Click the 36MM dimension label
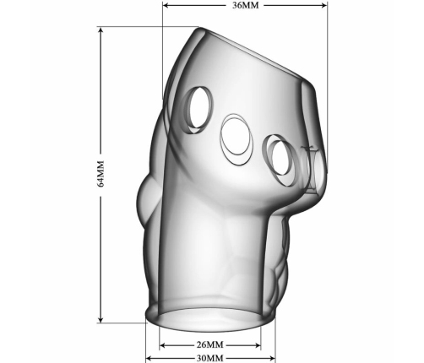[245, 5]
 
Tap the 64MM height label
[101, 173]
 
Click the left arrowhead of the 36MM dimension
[166, 5]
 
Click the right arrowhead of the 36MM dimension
[323, 5]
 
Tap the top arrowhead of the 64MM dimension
[101, 30]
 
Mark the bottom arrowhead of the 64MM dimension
[101, 319]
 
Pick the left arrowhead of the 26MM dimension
[163, 345]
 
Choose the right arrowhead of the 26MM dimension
[257, 345]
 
